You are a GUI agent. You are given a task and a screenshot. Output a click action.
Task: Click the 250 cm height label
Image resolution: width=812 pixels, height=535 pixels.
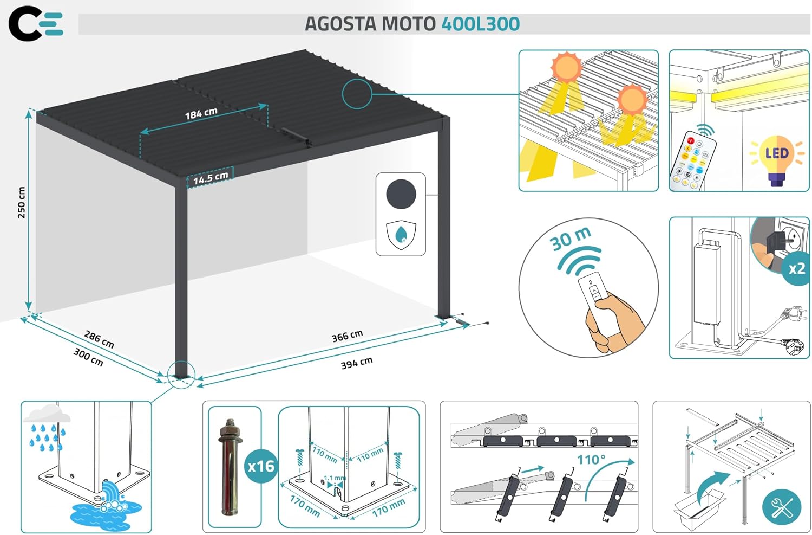[22, 203]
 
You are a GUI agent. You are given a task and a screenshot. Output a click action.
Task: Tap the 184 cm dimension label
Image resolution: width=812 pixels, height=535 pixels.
[201, 113]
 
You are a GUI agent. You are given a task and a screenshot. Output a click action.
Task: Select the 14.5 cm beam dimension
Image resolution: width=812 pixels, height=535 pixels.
[211, 177]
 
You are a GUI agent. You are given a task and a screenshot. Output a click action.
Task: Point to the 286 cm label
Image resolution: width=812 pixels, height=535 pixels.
[99, 339]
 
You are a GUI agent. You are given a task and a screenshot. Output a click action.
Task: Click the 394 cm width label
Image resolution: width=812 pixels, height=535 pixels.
[357, 363]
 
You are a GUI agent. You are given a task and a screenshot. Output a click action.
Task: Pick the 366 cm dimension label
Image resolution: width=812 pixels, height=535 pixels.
[348, 336]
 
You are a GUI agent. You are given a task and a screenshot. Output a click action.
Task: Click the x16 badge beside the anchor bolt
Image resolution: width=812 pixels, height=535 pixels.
[261, 466]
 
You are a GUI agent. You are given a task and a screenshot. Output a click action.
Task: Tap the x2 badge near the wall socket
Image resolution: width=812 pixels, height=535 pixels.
[797, 269]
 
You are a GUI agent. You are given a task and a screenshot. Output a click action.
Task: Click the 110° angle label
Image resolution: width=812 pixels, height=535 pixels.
[591, 460]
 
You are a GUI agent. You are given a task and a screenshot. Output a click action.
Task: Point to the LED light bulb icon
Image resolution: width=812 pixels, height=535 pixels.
[777, 159]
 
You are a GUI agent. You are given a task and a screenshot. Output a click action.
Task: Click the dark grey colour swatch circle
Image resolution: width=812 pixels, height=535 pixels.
[401, 194]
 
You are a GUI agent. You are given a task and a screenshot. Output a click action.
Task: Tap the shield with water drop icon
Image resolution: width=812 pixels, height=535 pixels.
[401, 235]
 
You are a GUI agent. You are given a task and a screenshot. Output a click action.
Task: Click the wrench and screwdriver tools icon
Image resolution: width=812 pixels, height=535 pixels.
[782, 507]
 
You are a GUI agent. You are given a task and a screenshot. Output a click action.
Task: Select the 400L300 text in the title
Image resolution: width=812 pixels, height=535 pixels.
[480, 24]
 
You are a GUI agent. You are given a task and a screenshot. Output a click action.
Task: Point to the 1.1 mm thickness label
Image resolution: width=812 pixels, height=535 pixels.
[335, 478]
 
